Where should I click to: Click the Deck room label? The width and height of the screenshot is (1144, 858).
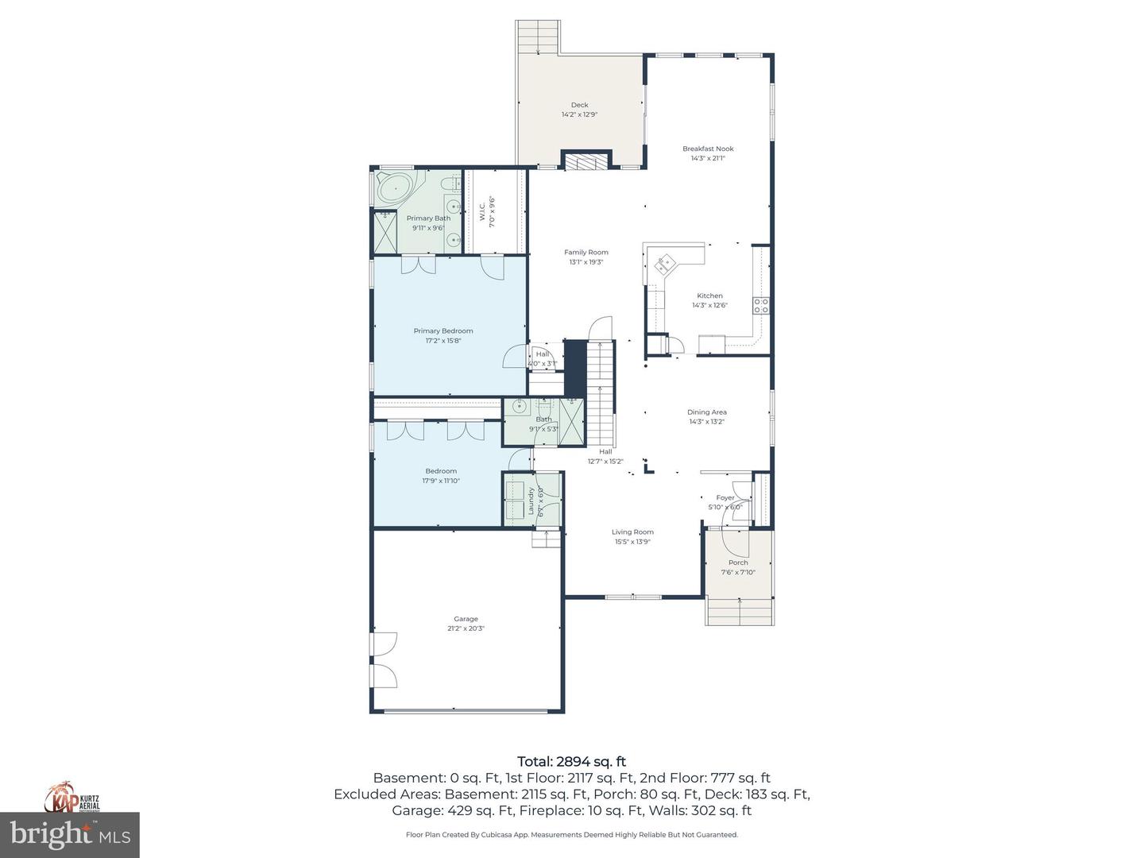[x=579, y=105]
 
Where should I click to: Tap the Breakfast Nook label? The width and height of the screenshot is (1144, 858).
[x=708, y=149]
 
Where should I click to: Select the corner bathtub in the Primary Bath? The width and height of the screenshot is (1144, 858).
[x=393, y=189]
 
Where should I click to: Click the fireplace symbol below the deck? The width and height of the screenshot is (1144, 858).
[x=586, y=161]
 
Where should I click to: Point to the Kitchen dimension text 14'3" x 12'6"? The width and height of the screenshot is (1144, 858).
[x=709, y=305]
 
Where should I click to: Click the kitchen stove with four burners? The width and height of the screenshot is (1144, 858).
[x=761, y=306]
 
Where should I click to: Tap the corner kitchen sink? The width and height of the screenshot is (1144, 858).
[x=663, y=263]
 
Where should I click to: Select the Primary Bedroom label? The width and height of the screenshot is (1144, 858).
[x=443, y=331]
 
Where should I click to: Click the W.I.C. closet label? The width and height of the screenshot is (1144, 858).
[x=481, y=211]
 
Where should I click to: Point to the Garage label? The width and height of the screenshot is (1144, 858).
[x=466, y=619]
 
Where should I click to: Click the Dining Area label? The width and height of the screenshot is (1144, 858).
[x=706, y=412]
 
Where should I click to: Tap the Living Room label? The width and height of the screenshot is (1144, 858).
[x=632, y=532]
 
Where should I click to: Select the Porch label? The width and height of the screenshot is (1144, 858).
[x=738, y=562]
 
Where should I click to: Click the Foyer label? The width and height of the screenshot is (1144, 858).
[x=725, y=498]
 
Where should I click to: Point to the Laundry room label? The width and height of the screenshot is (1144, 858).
[x=531, y=500]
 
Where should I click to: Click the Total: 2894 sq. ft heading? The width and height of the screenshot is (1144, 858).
[x=571, y=761]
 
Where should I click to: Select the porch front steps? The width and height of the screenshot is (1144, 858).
[x=739, y=612]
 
